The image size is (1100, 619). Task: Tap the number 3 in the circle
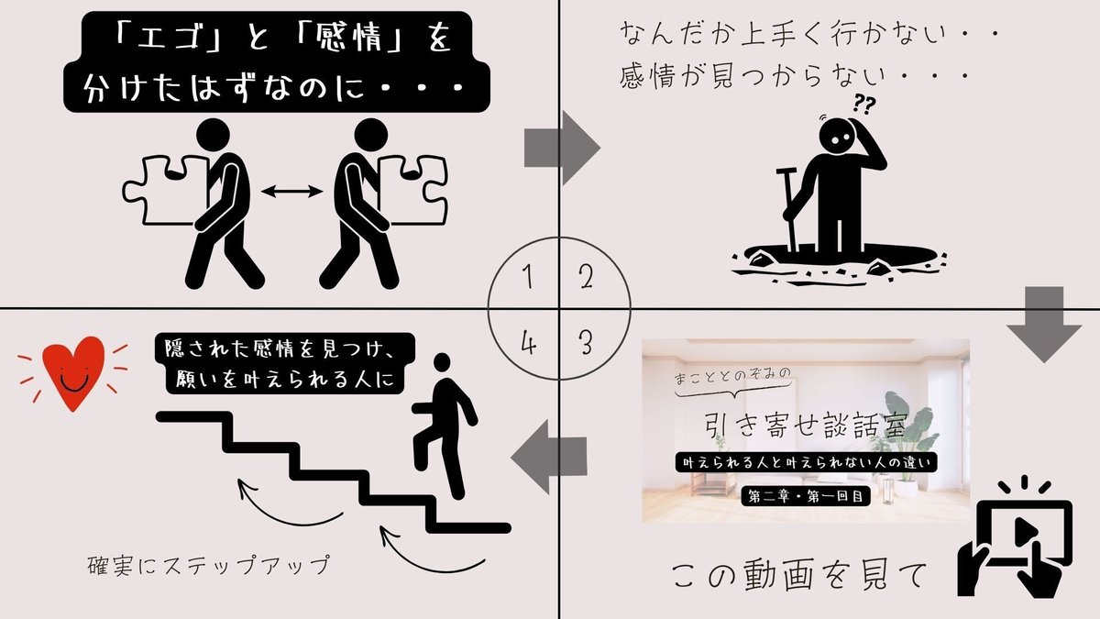pos(586,344)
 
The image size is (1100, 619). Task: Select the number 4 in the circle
pos(527,345)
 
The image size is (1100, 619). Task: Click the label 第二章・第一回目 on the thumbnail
pos(805,498)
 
